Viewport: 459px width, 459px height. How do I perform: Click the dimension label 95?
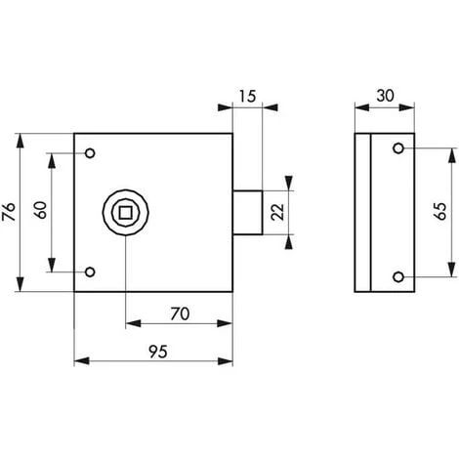pyautogui.click(x=158, y=352)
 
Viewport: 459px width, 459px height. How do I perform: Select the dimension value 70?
pyautogui.click(x=180, y=314)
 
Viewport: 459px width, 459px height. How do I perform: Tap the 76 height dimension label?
pyautogui.click(x=9, y=212)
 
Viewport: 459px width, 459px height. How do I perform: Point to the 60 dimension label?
pyautogui.click(x=41, y=210)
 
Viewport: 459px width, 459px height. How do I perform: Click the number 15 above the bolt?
pyautogui.click(x=247, y=97)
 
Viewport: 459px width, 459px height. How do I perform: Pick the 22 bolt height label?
pyautogui.click(x=277, y=212)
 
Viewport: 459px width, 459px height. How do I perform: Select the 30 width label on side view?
pyautogui.click(x=385, y=96)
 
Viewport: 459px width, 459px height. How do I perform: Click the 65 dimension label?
pyautogui.click(x=440, y=212)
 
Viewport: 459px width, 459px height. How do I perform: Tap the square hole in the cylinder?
pyautogui.click(x=125, y=213)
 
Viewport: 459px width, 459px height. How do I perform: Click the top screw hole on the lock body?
pyautogui.click(x=90, y=153)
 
